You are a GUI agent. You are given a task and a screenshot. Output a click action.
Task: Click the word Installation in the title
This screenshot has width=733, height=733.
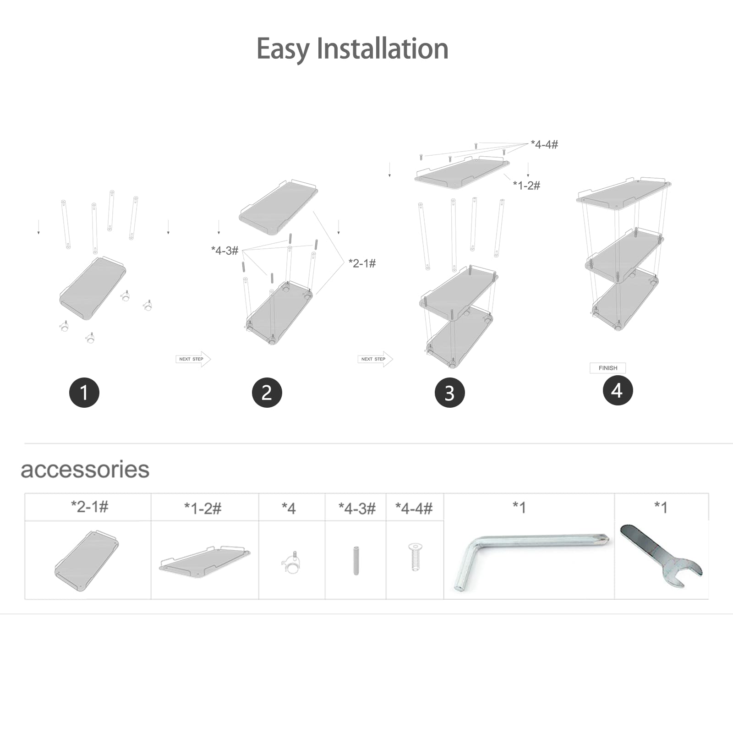pos(383,49)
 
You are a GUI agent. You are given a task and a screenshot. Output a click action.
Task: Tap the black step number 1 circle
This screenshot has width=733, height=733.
pos(84,393)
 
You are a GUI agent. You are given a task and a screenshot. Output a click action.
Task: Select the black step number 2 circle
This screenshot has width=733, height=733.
pos(267,393)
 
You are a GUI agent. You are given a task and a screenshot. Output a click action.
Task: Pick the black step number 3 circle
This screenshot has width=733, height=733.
pos(450,393)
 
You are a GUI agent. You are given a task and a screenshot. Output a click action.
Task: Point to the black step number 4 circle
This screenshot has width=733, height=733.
pos(618,390)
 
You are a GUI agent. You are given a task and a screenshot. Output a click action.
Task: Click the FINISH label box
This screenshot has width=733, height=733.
pos(608,368)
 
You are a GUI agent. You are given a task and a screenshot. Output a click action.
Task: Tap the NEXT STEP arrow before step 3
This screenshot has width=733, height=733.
pos(375,359)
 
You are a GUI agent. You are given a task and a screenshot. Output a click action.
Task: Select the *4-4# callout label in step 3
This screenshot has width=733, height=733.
pos(545,145)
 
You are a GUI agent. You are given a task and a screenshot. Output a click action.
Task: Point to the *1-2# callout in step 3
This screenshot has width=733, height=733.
pos(526,186)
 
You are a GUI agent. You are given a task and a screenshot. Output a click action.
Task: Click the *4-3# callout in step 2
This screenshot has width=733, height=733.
pos(225,251)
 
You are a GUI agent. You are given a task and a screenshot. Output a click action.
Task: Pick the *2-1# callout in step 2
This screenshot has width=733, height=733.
pos(362,263)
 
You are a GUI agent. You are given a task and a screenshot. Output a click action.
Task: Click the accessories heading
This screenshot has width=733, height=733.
pos(85,470)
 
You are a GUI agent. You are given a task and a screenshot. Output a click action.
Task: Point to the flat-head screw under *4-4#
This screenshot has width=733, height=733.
pos(415,557)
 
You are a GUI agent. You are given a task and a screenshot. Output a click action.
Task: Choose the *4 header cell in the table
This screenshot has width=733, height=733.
pos(289,508)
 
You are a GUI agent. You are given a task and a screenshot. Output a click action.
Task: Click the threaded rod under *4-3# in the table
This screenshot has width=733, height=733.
pos(356,560)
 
